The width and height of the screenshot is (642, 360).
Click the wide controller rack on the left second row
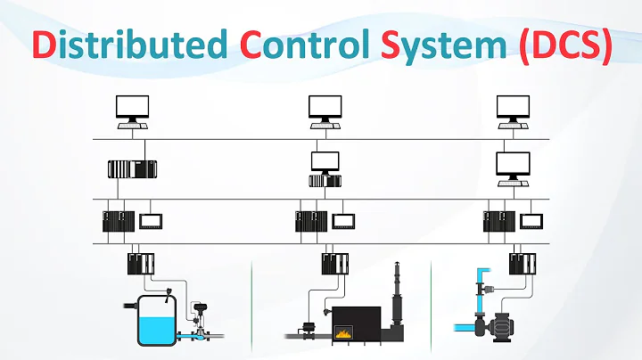[x=130, y=169]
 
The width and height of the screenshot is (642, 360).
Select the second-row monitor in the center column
[x=324, y=162]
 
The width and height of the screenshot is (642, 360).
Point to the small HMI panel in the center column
[x=343, y=220]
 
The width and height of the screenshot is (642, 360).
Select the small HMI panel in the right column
[x=531, y=220]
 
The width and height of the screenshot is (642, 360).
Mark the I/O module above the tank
[x=140, y=263]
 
